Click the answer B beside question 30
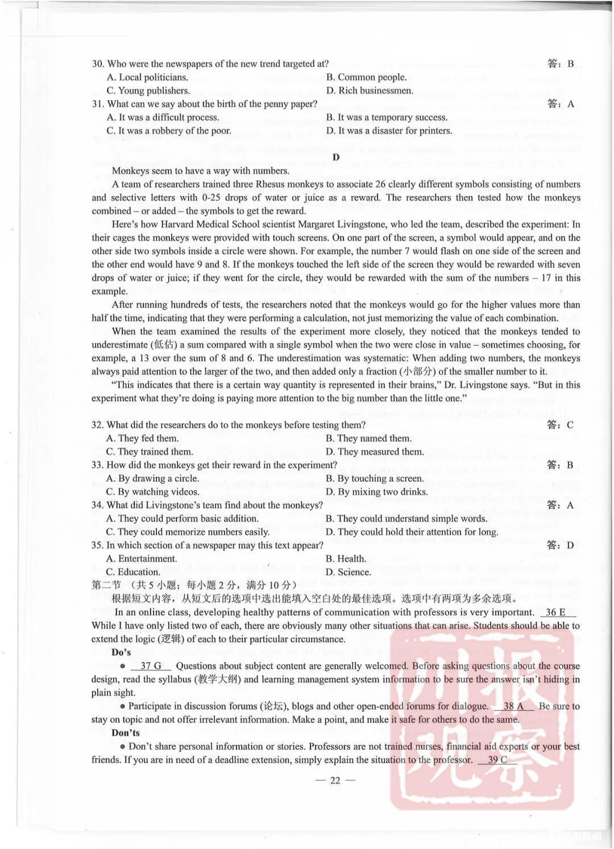tap(570, 64)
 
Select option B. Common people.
tap(366, 77)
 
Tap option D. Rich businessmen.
tap(370, 90)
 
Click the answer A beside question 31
tap(570, 104)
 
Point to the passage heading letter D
tap(336, 157)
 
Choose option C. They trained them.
tap(150, 452)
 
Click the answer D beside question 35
tap(570, 546)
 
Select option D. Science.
tap(348, 572)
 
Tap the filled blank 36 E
tap(555, 613)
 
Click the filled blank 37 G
tap(151, 666)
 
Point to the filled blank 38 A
tap(513, 706)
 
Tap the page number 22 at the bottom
tap(335, 780)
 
